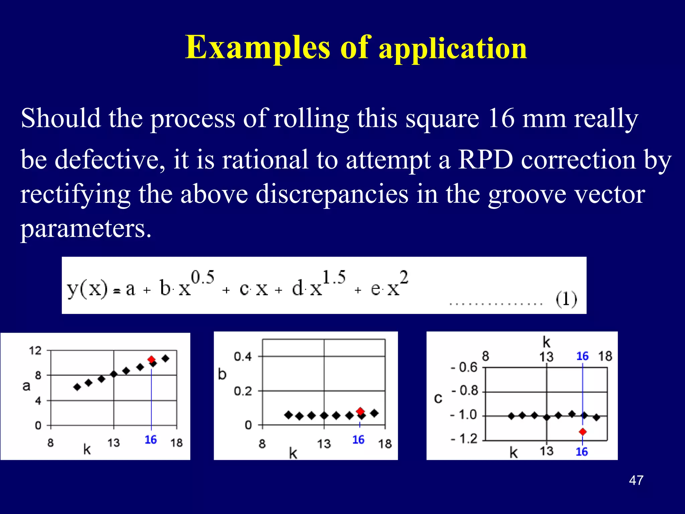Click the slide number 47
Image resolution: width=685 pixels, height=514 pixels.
point(636,480)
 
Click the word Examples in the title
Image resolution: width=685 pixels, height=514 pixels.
point(258,48)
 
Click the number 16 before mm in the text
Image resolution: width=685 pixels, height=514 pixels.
point(501,118)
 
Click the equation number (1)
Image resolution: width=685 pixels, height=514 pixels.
point(566,299)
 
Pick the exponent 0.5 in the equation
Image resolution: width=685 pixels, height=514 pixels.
point(203,277)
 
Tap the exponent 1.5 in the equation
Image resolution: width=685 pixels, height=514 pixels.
point(334,277)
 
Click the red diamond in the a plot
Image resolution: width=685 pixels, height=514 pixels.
point(152,359)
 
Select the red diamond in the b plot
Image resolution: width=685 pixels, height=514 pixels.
point(360,411)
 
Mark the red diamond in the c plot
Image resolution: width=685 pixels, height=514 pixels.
point(583,432)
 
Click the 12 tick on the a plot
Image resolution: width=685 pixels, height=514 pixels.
point(35,351)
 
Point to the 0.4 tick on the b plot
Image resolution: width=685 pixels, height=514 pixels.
point(242,357)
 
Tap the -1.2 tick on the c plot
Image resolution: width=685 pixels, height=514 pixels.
point(464,438)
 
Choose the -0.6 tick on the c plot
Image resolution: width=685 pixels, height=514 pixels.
point(464,367)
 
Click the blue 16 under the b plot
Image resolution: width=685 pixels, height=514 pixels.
point(358,440)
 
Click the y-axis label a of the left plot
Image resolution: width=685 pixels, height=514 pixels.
point(26,386)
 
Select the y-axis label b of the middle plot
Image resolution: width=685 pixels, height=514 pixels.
point(222,374)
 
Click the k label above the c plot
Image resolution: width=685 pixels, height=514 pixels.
point(546,342)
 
